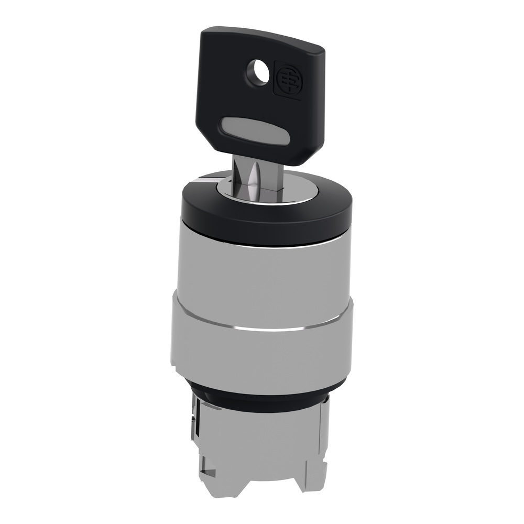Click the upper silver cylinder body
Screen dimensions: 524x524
(262, 272)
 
